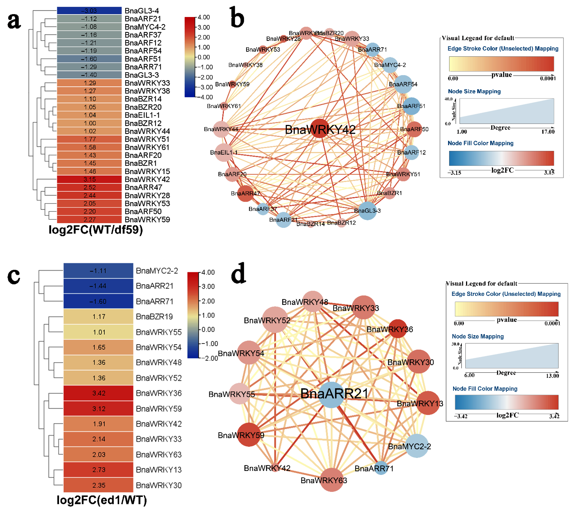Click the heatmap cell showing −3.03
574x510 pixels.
(89, 11)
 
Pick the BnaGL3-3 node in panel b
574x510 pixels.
(367, 211)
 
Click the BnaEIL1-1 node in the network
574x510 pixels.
(224, 153)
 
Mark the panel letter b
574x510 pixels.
(237, 17)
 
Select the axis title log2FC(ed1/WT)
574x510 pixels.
(102, 500)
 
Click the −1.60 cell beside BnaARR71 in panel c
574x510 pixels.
(98, 301)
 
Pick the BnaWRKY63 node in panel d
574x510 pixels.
(332, 480)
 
